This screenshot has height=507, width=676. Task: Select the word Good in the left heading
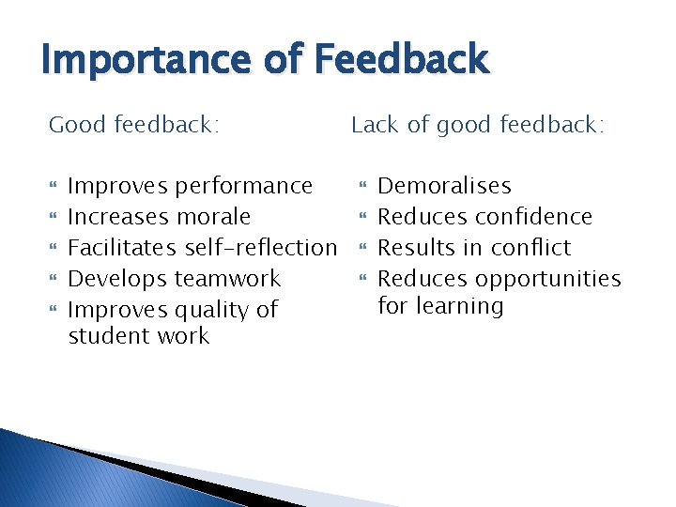pos(77,124)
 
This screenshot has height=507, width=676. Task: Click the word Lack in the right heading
pos(375,124)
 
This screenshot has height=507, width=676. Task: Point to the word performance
pos(244,187)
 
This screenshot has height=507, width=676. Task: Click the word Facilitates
pos(123,248)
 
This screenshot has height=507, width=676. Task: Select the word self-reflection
pos(261,248)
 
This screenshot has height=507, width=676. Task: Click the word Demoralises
pos(444,187)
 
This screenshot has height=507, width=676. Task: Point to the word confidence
pos(533,217)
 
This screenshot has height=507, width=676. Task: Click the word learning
pos(462,306)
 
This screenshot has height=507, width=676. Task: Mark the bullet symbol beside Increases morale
pos(54,217)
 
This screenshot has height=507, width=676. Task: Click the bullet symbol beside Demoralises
pos(361,187)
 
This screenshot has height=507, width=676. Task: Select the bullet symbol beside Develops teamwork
pos(54,279)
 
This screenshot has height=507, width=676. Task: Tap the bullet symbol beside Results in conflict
pos(361,248)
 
